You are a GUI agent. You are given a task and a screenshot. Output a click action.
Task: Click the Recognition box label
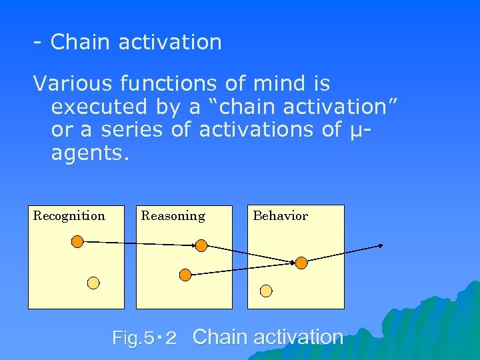click(69, 216)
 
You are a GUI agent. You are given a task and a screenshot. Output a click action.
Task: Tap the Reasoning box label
click(173, 216)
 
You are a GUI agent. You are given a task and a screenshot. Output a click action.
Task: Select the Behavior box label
click(280, 216)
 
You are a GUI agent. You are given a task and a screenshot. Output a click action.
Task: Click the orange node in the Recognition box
click(77, 241)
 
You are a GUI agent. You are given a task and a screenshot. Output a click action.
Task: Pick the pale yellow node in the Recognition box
click(94, 283)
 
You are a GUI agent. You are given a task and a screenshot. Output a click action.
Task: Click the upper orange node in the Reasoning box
click(201, 245)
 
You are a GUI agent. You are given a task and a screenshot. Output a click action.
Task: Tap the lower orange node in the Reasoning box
click(186, 274)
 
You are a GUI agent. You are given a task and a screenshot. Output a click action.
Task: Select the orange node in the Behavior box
click(301, 263)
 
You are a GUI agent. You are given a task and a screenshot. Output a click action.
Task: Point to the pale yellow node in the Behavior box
click(266, 291)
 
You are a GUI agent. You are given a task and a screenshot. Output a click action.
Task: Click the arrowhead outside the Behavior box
click(381, 245)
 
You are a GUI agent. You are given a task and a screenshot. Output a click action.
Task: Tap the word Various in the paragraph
click(73, 84)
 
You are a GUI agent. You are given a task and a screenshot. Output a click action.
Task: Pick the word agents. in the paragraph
click(89, 153)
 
